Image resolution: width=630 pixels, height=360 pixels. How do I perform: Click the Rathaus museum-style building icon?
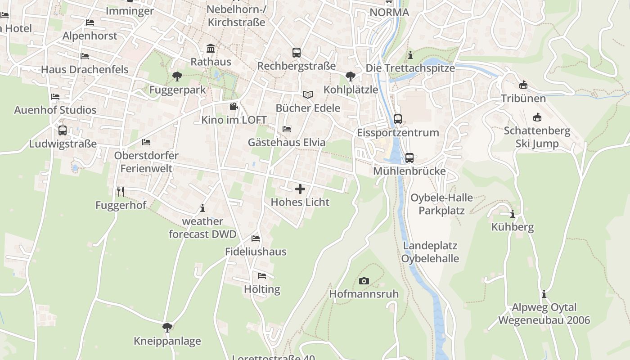pyautogui.click(x=211, y=48)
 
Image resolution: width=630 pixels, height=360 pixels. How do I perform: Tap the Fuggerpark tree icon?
pyautogui.click(x=177, y=76)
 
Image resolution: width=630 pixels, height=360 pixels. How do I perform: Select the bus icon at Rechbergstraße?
pyautogui.click(x=296, y=53)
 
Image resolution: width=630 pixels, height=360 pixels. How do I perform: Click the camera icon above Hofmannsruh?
pyautogui.click(x=364, y=281)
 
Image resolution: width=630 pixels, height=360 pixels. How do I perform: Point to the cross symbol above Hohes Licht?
pyautogui.click(x=300, y=189)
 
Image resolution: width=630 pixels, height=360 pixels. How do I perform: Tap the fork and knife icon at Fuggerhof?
pyautogui.click(x=120, y=192)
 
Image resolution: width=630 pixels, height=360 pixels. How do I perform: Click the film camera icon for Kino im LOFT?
pyautogui.click(x=234, y=107)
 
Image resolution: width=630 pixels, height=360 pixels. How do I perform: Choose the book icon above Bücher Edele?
pyautogui.click(x=308, y=94)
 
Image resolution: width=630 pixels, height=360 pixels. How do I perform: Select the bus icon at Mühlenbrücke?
pyautogui.click(x=409, y=158)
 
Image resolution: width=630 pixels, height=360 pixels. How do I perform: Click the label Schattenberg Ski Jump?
pyautogui.click(x=537, y=137)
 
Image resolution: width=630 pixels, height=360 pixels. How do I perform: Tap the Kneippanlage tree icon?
pyautogui.click(x=167, y=327)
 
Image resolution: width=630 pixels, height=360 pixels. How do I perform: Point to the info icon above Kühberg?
pyautogui.click(x=512, y=214)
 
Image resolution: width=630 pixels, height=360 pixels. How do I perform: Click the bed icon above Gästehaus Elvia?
pyautogui.click(x=287, y=129)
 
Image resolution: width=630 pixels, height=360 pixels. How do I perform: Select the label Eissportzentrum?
pyautogui.click(x=398, y=133)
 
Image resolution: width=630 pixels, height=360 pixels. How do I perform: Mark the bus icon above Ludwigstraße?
pyautogui.click(x=63, y=130)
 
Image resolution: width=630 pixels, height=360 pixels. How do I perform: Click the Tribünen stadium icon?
pyautogui.click(x=523, y=85)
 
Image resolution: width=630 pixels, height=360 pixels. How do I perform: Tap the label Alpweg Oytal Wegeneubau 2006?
pyautogui.click(x=544, y=314)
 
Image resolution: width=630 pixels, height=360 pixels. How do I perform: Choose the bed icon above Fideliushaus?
pyautogui.click(x=256, y=238)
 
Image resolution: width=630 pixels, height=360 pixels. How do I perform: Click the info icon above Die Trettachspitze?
pyautogui.click(x=410, y=55)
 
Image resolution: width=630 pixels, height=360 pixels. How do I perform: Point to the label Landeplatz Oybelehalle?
pyautogui.click(x=430, y=252)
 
